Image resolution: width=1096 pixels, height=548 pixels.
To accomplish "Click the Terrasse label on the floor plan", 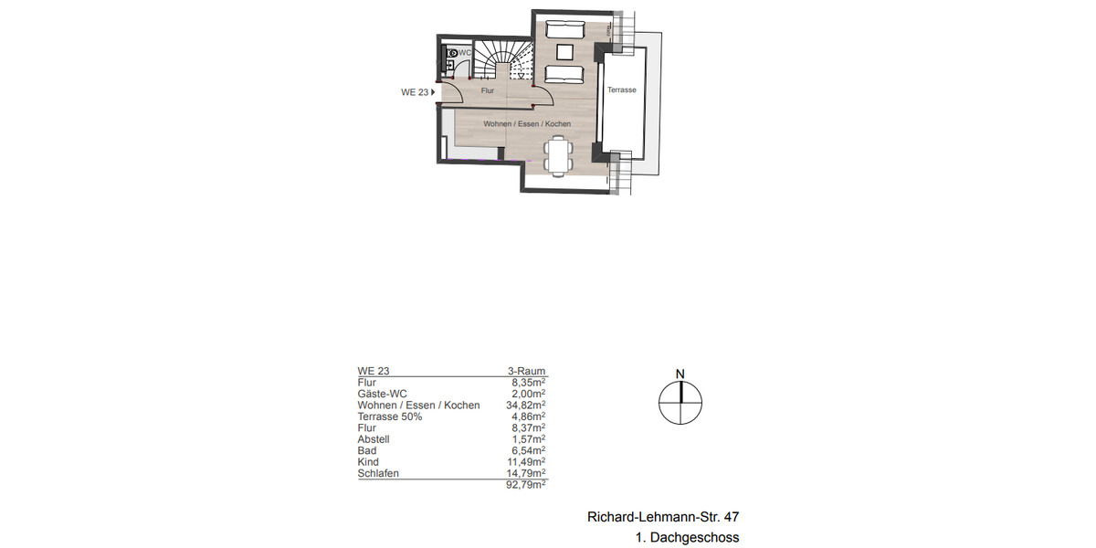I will point(621,90).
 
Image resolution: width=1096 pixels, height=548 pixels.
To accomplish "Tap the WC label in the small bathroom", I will point(465,53).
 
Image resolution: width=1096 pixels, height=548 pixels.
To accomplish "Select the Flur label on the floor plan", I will point(487,90).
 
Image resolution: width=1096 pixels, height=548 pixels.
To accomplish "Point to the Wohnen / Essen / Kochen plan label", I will point(527,123).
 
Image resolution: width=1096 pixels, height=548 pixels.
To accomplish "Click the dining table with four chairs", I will point(557,154).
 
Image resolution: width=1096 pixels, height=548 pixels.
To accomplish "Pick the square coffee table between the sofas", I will point(564,52).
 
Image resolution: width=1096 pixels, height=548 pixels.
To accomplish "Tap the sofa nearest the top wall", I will point(564,30).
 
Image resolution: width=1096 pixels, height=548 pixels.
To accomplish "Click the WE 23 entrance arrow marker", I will point(433,92).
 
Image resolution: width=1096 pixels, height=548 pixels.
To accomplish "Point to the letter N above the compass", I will point(680,374).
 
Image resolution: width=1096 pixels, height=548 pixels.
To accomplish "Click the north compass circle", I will point(680,401).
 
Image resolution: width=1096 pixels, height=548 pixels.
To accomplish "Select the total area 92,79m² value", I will point(526,486).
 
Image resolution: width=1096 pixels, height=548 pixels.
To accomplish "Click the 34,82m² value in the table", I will point(526,405).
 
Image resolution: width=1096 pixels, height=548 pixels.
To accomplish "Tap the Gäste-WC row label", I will point(380,394).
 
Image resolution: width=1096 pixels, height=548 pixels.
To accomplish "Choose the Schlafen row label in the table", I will point(378,473).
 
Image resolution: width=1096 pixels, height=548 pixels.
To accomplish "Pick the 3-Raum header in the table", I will point(526,371).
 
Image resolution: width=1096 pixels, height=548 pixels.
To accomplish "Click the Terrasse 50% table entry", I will point(390,416).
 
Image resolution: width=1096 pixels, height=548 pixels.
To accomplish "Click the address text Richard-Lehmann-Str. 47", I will point(662,517).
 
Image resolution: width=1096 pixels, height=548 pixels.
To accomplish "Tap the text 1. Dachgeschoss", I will point(687,538).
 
